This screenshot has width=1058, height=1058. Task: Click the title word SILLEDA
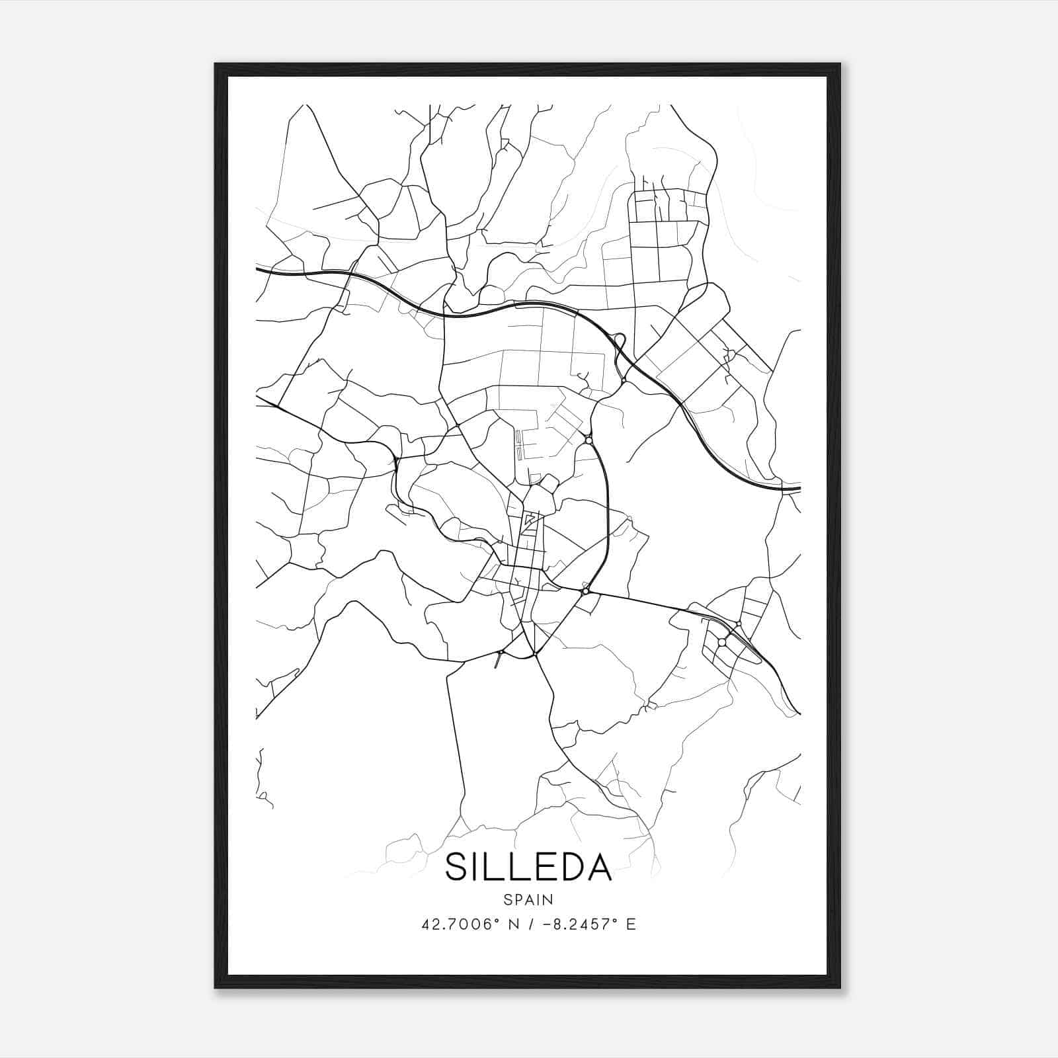tap(528, 867)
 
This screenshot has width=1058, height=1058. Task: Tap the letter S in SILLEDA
tap(458, 867)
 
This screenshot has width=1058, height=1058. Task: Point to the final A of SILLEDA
tap(598, 867)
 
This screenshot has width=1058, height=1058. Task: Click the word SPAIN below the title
tap(528, 899)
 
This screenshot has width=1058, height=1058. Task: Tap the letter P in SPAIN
tap(518, 899)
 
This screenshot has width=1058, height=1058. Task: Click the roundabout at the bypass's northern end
tap(589, 440)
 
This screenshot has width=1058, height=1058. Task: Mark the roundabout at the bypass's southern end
tap(585, 591)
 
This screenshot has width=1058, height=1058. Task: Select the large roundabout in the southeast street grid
tap(722, 642)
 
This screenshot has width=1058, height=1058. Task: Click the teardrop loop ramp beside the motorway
tap(620, 343)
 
